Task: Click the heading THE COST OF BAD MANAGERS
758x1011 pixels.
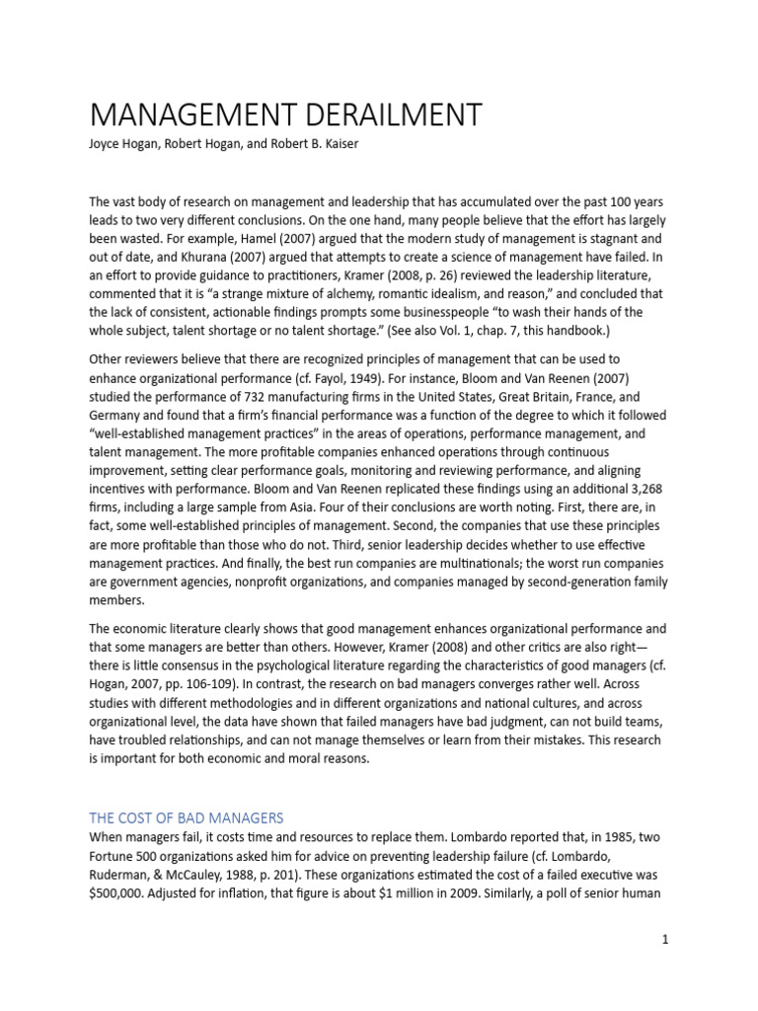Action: point(186,817)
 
